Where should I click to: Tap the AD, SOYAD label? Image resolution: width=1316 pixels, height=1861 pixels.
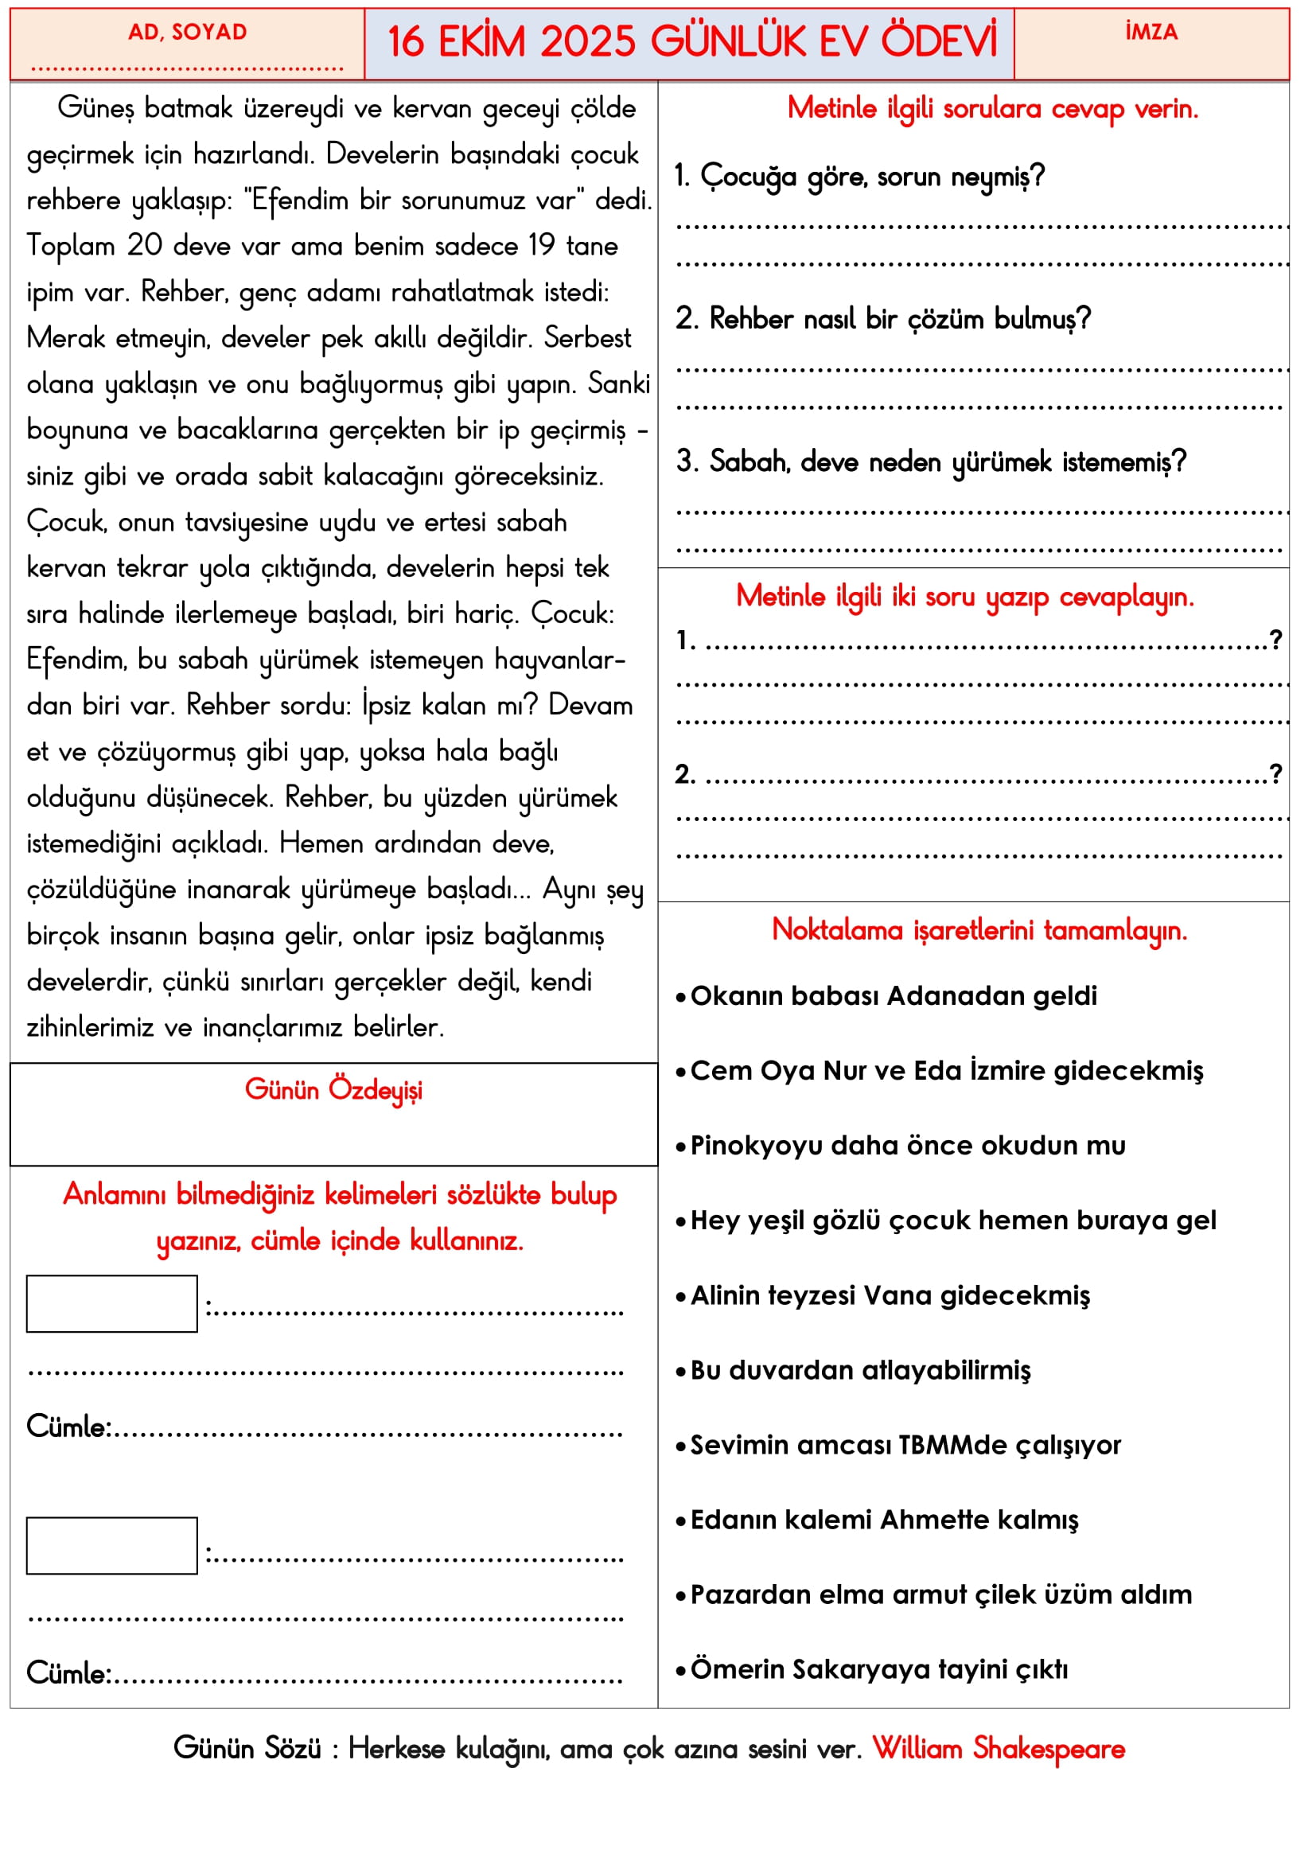tap(187, 33)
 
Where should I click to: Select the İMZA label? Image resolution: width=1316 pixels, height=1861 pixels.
tap(1151, 33)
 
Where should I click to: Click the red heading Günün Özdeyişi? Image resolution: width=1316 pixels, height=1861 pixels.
tap(333, 1090)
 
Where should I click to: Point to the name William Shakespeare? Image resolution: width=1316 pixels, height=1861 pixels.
tap(999, 1748)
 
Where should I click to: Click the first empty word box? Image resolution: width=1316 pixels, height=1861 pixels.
tap(112, 1304)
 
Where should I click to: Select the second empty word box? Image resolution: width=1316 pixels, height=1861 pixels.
tap(112, 1546)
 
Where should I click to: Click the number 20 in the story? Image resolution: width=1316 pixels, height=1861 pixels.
tap(144, 246)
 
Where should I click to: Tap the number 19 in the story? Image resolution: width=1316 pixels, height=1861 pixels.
tap(540, 246)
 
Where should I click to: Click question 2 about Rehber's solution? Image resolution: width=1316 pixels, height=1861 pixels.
tap(883, 319)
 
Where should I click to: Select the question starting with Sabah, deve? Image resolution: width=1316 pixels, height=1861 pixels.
tap(931, 462)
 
